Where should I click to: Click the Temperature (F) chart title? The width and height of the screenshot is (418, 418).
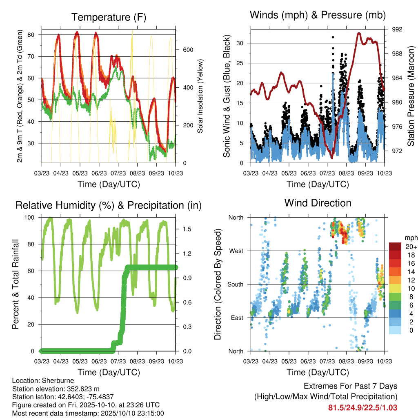tap(109, 17)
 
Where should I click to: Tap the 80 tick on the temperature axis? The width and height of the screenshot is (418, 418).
tap(31, 35)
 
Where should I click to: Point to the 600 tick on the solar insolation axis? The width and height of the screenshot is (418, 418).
tap(188, 50)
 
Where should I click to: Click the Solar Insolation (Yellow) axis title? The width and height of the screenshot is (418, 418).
tap(200, 96)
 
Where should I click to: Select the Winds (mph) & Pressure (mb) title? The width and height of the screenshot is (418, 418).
tap(318, 15)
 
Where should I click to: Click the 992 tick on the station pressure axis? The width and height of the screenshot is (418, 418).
tap(397, 29)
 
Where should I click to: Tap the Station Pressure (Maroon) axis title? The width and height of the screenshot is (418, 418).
tap(411, 96)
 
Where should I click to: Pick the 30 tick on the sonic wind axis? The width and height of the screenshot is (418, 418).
tap(240, 43)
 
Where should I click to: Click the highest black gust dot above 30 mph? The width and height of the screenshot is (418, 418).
tap(333, 37)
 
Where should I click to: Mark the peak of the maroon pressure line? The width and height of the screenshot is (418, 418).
tap(359, 33)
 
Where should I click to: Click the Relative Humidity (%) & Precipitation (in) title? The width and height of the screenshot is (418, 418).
tap(109, 206)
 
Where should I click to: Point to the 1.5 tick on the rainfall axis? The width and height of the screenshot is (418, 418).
tap(187, 229)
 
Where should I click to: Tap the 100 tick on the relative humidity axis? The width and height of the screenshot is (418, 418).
tap(29, 218)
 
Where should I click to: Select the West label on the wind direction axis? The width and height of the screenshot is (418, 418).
tap(236, 251)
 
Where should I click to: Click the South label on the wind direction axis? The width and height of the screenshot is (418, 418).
tap(236, 285)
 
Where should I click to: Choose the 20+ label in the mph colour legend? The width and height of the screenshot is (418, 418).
tap(411, 247)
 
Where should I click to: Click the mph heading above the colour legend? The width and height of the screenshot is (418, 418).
tap(411, 238)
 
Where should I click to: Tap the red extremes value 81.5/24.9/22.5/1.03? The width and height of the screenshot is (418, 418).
tap(362, 408)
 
